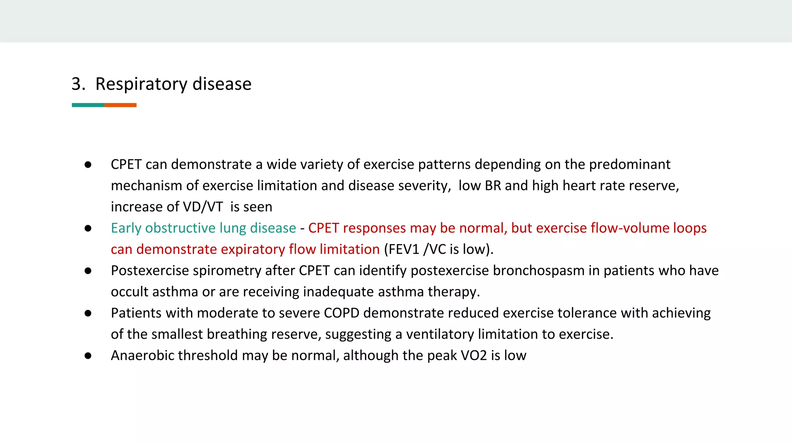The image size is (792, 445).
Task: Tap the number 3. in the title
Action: tap(78, 84)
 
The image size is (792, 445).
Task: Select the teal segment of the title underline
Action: tap(88, 105)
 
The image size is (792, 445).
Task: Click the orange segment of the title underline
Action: tap(120, 105)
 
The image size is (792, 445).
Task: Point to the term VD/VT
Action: tap(203, 207)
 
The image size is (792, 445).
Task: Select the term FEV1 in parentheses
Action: tap(404, 250)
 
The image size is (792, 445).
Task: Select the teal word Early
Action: tap(126, 228)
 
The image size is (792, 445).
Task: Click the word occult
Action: tap(130, 292)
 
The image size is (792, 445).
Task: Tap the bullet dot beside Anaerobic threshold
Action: tap(88, 356)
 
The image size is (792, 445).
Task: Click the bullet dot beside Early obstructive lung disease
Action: tap(88, 228)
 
